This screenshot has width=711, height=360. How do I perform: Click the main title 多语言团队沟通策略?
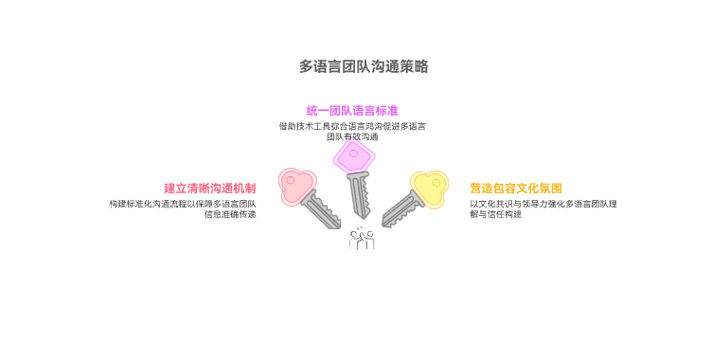tap(363, 66)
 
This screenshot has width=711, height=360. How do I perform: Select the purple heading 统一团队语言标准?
tap(352, 111)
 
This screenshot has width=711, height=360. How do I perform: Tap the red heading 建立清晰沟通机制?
tap(210, 188)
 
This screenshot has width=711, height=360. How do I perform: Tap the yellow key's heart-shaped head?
tap(427, 188)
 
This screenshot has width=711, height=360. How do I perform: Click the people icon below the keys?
tap(361, 238)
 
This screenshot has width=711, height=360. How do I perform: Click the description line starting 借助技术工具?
tap(352, 125)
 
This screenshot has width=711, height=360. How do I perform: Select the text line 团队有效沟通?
tap(352, 136)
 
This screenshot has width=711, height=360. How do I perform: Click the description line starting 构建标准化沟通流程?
tap(183, 203)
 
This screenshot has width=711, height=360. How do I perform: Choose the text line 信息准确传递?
tap(230, 214)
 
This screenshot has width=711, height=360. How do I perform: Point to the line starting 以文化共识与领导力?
tap(543, 203)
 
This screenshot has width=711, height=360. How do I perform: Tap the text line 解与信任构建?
tap(495, 214)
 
